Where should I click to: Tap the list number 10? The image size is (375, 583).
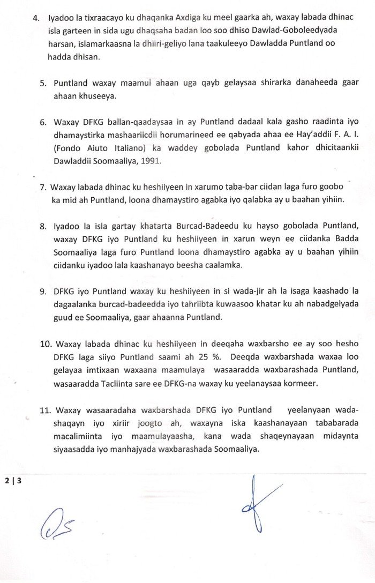click(45, 343)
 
